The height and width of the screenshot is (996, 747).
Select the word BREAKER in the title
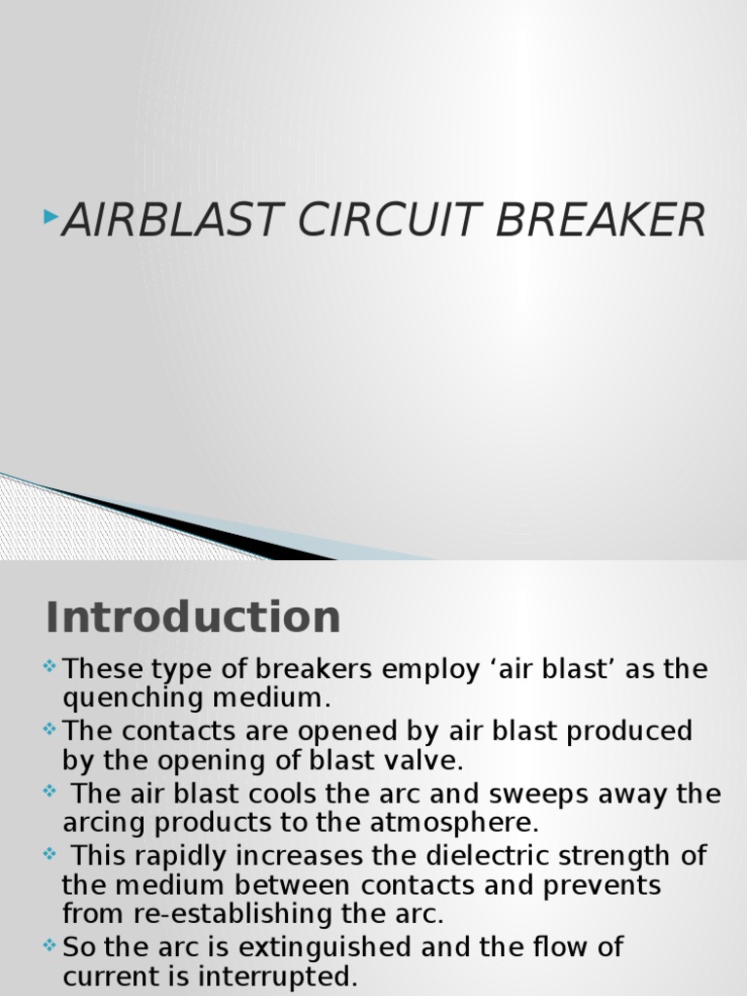tap(601, 221)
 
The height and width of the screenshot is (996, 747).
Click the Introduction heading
tap(193, 617)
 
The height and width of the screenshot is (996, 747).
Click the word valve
tap(417, 760)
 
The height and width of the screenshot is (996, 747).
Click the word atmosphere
tap(452, 822)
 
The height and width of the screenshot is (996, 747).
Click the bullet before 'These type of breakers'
tap(51, 668)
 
